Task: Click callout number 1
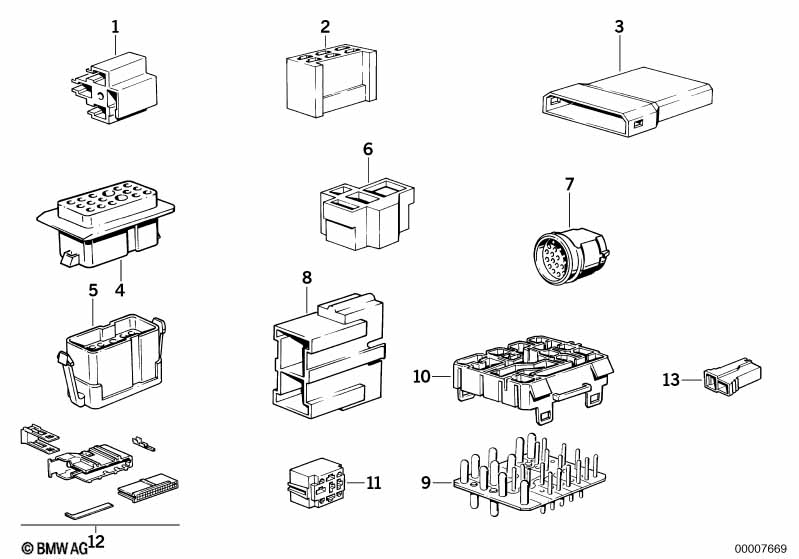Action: (x=115, y=26)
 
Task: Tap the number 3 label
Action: (x=619, y=26)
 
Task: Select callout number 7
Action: (x=569, y=184)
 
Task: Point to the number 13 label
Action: (x=671, y=380)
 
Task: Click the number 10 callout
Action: (x=422, y=377)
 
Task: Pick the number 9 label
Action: (x=426, y=482)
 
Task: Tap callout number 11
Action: (x=374, y=483)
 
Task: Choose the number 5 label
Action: (x=93, y=290)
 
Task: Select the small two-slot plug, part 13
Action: (x=732, y=377)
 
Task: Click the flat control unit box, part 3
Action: (x=626, y=101)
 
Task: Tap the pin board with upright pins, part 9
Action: (x=529, y=475)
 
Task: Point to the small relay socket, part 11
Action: (x=317, y=483)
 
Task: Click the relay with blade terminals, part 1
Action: (x=114, y=88)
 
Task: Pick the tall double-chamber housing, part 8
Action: (x=329, y=355)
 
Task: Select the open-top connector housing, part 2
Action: (x=332, y=81)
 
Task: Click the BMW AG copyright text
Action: (x=55, y=548)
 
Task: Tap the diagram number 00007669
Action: (x=761, y=549)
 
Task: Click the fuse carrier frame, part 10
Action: (x=533, y=378)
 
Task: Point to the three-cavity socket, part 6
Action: (x=367, y=214)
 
